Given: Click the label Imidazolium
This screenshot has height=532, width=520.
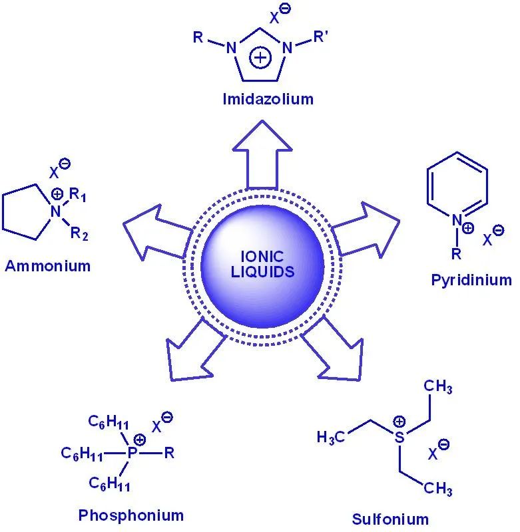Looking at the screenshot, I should click(x=268, y=100).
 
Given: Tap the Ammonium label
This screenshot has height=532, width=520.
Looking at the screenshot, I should click(x=47, y=266).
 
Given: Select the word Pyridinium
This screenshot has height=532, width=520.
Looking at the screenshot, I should click(x=471, y=280).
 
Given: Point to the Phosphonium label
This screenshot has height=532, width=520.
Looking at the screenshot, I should click(x=130, y=515).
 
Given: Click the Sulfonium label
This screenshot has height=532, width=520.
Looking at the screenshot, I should click(x=390, y=519).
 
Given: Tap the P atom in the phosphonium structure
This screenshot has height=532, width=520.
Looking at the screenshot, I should click(x=133, y=454).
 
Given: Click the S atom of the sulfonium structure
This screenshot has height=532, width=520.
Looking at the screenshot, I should click(x=398, y=437).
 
